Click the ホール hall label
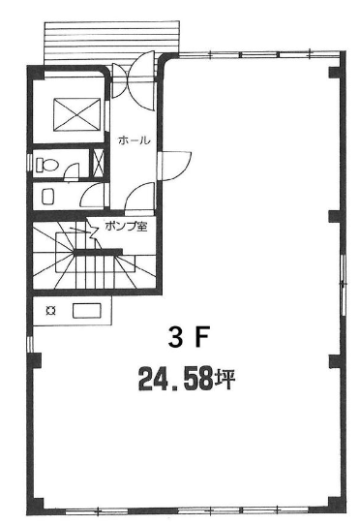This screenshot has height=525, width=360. [135, 140]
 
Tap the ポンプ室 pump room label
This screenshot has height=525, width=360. [126, 227]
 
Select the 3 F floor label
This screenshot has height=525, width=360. [189, 337]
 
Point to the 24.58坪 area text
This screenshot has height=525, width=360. [187, 379]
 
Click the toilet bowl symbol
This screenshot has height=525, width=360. [46, 165]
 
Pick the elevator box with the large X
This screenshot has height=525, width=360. [76, 114]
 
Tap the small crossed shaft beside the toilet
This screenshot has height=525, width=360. [98, 163]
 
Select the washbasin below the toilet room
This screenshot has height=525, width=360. [48, 197]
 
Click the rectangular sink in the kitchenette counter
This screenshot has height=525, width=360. [87, 311]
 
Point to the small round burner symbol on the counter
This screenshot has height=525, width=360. [51, 311]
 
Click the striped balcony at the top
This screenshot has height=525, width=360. [111, 42]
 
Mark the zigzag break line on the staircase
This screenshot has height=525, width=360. [92, 231]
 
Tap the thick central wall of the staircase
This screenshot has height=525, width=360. [98, 252]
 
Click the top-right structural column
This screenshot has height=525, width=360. [335, 73]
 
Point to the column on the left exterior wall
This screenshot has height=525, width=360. [34, 360]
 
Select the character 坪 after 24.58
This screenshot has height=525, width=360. [225, 379]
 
